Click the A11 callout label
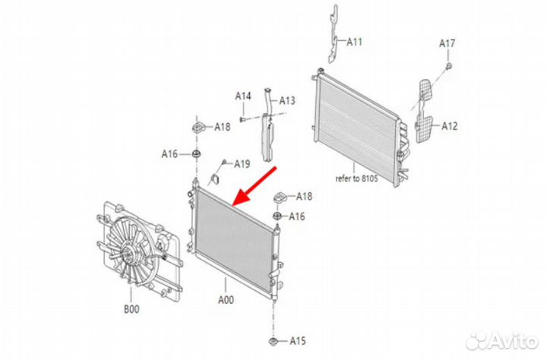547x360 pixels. click(x=355, y=43)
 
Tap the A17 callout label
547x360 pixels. click(x=447, y=43)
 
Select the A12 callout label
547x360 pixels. click(x=449, y=126)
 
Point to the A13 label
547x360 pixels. click(x=287, y=101)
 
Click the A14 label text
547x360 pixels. click(x=243, y=96)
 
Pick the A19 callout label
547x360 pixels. click(x=242, y=163)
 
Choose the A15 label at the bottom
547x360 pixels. click(x=298, y=340)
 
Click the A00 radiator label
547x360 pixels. click(x=226, y=300)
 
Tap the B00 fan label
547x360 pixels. click(x=131, y=308)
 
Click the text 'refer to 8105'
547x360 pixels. click(x=356, y=178)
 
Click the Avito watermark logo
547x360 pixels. click(x=502, y=340)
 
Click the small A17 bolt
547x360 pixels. click(x=449, y=66)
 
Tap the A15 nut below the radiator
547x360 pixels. click(x=273, y=341)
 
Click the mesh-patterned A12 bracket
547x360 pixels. click(x=424, y=111)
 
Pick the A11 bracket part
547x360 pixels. click(x=333, y=35)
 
